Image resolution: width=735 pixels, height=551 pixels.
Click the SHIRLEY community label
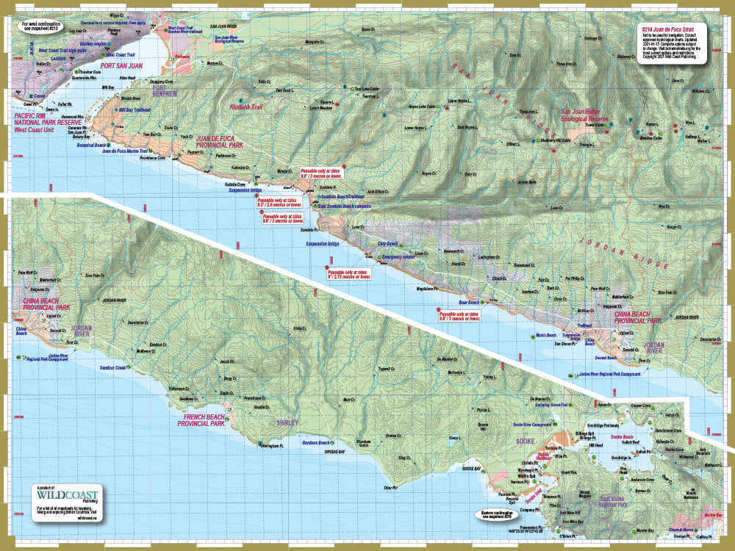(288, 423)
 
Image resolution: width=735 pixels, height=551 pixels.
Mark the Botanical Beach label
(92, 145)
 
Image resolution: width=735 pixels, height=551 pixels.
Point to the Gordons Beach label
(316, 443)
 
